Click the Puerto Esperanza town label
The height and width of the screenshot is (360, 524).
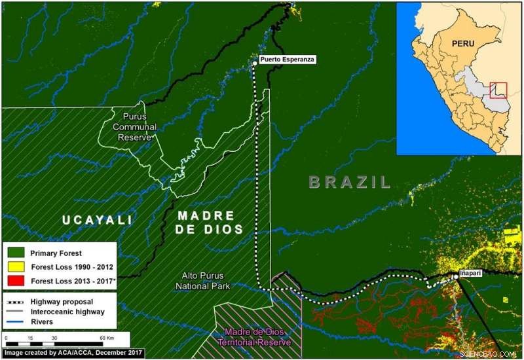pyautogui.click(x=288, y=60)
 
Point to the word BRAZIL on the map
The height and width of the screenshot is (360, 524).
pyautogui.click(x=350, y=182)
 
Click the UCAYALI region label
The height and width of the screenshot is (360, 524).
pyautogui.click(x=98, y=219)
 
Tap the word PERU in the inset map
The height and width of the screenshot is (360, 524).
pyautogui.click(x=466, y=44)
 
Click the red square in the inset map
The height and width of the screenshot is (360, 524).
pyautogui.click(x=498, y=90)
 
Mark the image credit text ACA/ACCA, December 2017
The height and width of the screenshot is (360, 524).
pyautogui.click(x=73, y=353)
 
